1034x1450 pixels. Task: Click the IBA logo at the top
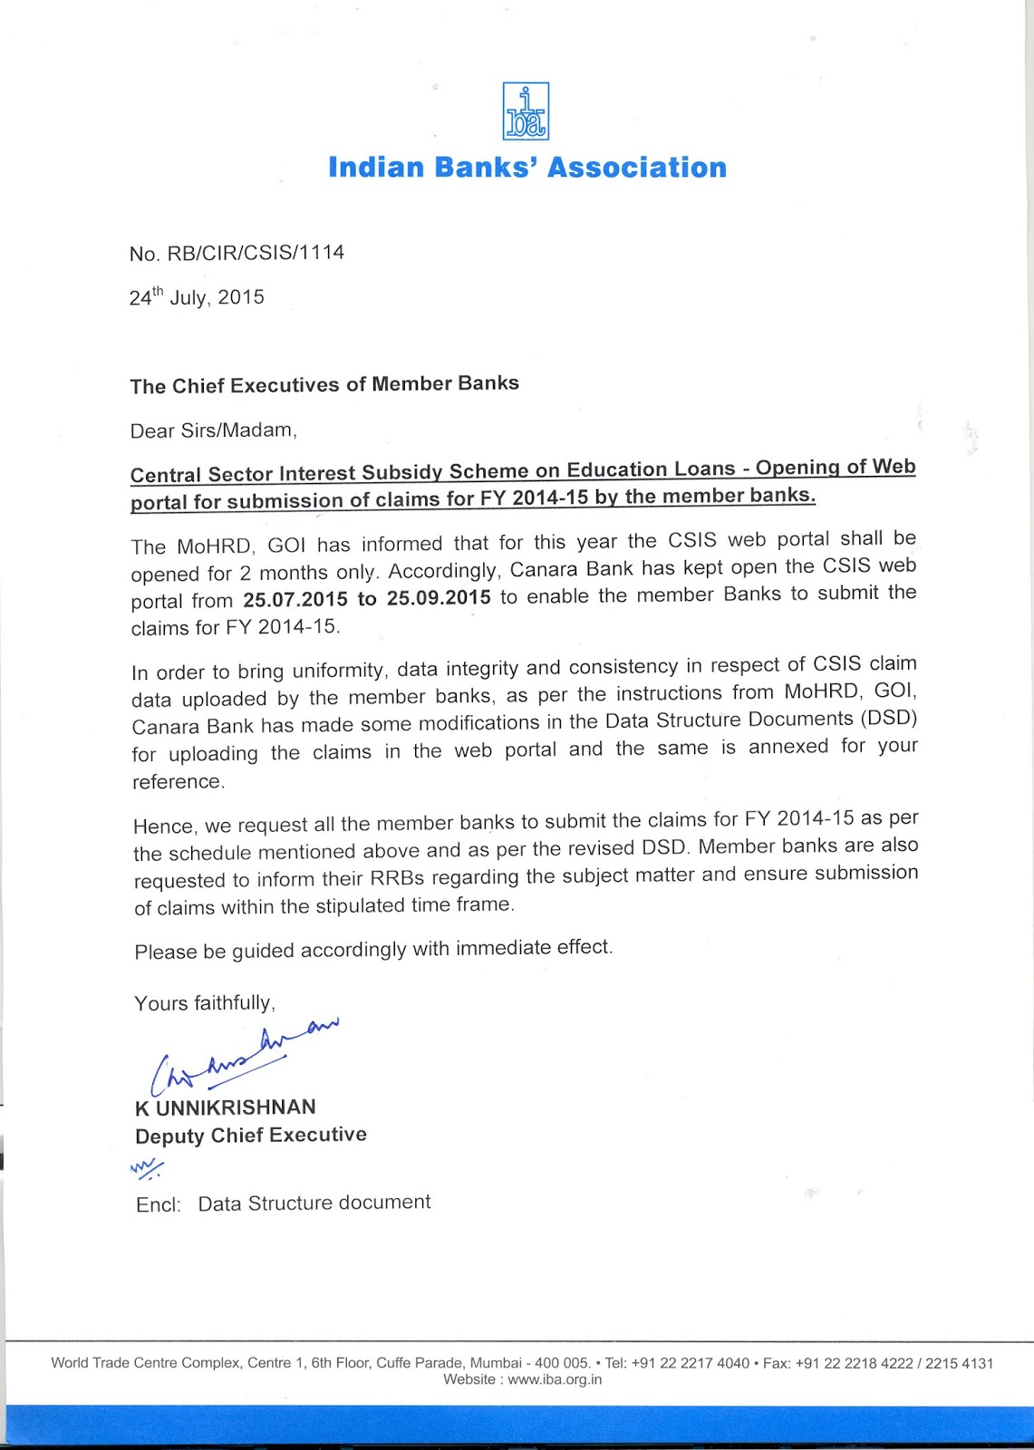pos(526,111)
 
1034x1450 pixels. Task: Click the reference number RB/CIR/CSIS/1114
pos(256,252)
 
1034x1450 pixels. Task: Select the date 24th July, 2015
pos(197,296)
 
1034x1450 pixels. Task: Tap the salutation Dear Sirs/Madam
pos(213,430)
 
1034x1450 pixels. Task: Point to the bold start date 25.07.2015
pos(295,600)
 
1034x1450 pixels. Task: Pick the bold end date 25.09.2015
pos(439,598)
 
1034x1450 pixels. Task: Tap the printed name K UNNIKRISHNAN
pos(226,1107)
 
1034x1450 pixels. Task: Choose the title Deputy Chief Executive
pos(251,1136)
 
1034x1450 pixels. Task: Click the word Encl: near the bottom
pos(159,1204)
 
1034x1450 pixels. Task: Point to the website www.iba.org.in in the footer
pos(555,1379)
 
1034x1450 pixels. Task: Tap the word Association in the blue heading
pos(637,168)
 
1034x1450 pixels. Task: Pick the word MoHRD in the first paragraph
pos(210,546)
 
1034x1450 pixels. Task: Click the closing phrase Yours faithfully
pos(204,1003)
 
